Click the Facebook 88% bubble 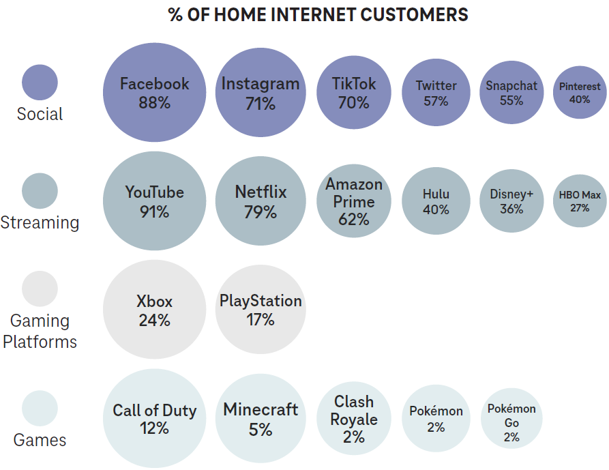[154, 93]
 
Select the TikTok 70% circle [353, 93]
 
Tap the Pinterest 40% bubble [580, 93]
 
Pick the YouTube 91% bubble [154, 201]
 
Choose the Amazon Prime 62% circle [353, 201]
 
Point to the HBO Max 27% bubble [580, 201]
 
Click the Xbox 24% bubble [154, 310]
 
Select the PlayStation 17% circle [261, 310]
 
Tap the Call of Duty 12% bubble [154, 419]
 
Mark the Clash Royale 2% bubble [353, 419]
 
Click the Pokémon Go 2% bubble [511, 419]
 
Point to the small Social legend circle [40, 83]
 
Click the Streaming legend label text [40, 222]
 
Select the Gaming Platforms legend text [40, 331]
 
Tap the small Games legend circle [40, 409]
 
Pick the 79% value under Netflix [261, 212]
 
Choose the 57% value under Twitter [436, 101]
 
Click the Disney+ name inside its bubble [511, 194]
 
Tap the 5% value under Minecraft [261, 430]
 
